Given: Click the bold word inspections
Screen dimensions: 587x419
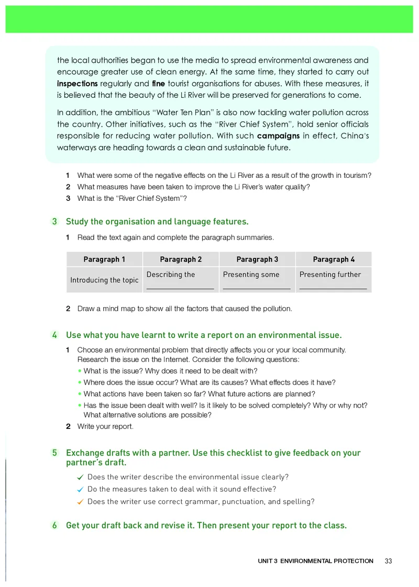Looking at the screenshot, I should pos(78,84).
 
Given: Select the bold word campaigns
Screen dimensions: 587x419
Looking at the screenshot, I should pos(279,136).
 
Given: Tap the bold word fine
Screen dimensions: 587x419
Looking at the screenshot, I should pos(158,84).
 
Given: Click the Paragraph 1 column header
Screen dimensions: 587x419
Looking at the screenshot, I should pos(104,259).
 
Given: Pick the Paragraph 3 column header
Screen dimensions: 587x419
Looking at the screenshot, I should pos(257,259).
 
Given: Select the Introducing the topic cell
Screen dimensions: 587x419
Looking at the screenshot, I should pos(104,280).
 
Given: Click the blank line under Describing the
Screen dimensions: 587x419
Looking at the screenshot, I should pos(180,287).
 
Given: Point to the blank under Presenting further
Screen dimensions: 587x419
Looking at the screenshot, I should pos(333,287).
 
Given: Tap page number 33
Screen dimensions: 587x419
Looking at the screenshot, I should pos(388,561).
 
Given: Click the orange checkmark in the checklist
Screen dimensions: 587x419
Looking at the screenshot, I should pos(80,502).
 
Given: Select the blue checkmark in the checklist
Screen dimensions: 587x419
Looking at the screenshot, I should pos(80,490).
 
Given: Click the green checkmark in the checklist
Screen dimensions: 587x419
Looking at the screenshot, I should pos(80,477).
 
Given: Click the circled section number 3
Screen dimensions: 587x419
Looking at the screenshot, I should pos(54,222).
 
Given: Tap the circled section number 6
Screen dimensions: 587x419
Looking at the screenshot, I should pos(54,525).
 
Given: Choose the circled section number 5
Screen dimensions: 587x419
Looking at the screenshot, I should pos(54,453).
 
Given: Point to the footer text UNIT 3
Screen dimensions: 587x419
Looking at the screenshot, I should pos(268,561).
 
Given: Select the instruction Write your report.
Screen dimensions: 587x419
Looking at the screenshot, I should pos(105,426).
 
